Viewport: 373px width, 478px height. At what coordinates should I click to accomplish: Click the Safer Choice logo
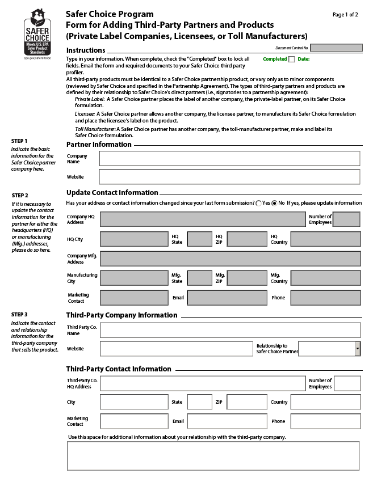tap(37, 33)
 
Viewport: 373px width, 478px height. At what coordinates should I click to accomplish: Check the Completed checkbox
tap(292, 59)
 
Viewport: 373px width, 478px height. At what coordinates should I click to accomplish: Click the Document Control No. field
tap(336, 48)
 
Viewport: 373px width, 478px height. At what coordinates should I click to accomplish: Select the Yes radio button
tap(259, 203)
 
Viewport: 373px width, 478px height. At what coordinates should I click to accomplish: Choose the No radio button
tap(275, 203)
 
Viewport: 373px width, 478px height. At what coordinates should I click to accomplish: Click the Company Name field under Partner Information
tap(229, 158)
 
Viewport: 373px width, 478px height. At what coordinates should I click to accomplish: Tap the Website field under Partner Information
tap(229, 177)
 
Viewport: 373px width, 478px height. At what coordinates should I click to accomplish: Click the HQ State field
tap(199, 239)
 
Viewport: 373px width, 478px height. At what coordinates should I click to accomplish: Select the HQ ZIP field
tap(246, 239)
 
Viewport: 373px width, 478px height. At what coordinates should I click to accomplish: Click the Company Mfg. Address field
tap(230, 259)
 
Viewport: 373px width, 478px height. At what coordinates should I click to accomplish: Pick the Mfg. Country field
tap(325, 278)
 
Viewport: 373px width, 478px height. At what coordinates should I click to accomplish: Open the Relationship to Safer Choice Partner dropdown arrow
tap(358, 348)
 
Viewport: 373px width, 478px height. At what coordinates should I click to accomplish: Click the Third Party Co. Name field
tap(230, 330)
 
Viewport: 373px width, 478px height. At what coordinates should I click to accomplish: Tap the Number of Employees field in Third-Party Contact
tap(347, 383)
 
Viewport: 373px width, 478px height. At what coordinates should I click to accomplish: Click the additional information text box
tap(213, 456)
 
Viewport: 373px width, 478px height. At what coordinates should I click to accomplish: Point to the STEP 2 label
tap(20, 195)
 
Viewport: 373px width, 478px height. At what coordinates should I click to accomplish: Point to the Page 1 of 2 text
tap(345, 15)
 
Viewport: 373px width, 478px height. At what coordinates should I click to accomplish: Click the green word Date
tap(304, 59)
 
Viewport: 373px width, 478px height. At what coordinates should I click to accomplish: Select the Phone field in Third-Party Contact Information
tap(325, 421)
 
